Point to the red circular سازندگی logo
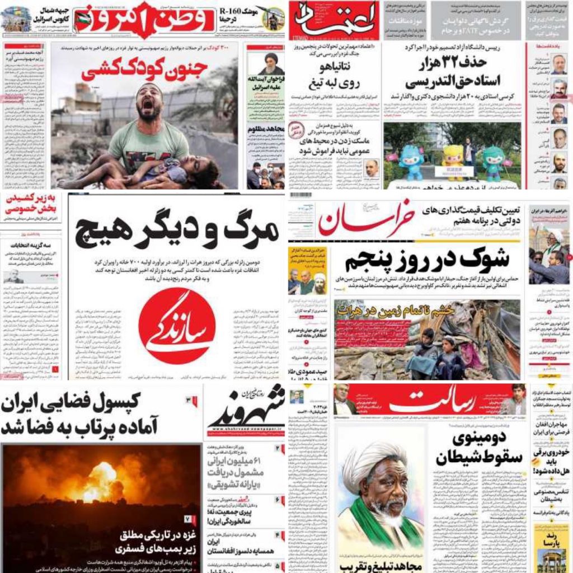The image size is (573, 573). pos(177,326)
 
